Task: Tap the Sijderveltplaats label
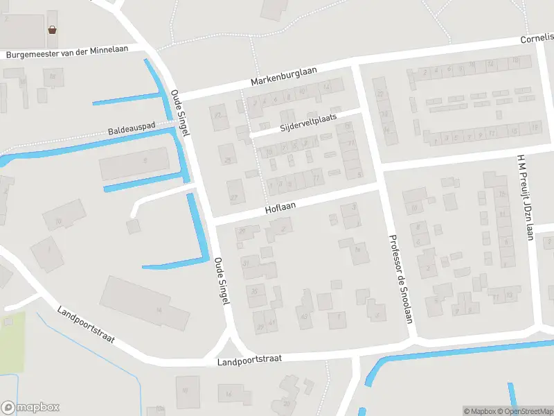point(308,123)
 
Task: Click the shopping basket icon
point(52,29)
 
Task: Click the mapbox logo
point(30,408)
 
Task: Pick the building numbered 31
point(245,263)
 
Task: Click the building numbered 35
point(255,291)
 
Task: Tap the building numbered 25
point(228,160)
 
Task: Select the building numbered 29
point(260,325)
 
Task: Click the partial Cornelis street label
point(537,39)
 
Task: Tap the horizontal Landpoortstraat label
point(249,361)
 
